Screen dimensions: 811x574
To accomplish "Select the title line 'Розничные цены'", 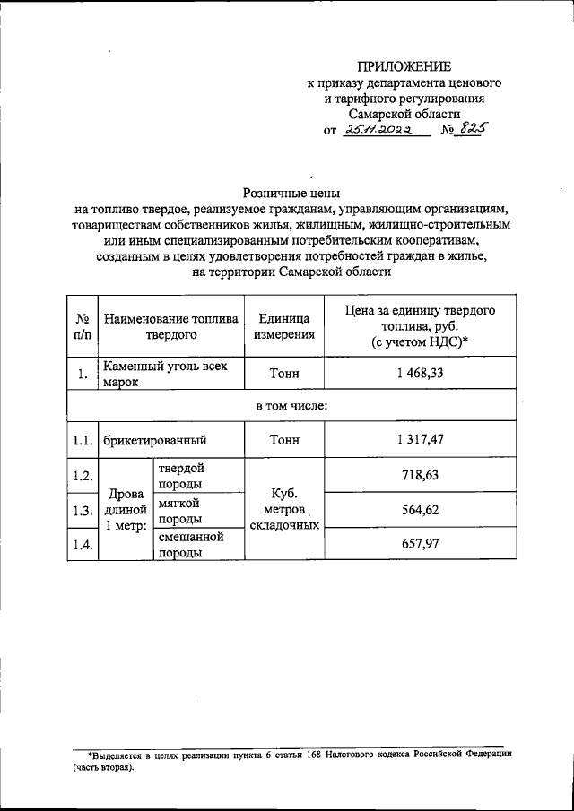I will click(292, 192).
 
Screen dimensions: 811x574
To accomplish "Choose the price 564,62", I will click(421, 511).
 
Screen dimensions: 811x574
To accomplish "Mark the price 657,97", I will click(421, 544).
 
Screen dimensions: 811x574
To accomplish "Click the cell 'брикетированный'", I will click(155, 440).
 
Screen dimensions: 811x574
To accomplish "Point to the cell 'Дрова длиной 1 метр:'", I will click(126, 509).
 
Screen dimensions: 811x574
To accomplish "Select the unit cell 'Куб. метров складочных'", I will click(285, 509).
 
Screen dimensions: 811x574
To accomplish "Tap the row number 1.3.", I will click(83, 512).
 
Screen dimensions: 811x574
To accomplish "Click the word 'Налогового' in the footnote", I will click(352, 756).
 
